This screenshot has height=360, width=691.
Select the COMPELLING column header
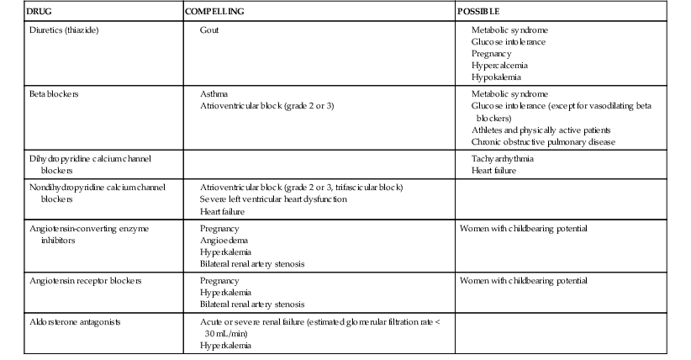click(214, 13)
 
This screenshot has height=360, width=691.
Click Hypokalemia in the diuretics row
click(498, 77)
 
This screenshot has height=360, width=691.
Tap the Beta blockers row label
click(54, 94)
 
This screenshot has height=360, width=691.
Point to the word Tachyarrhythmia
click(503, 158)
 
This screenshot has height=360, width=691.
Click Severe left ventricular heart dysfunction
click(273, 199)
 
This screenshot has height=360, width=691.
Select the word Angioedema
click(222, 240)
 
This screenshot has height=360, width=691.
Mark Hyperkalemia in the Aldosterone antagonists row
click(225, 345)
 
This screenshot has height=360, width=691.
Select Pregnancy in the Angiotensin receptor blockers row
click(219, 280)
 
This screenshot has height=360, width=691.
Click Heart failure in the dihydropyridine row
click(494, 170)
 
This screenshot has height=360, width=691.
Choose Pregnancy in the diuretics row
click(493, 53)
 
